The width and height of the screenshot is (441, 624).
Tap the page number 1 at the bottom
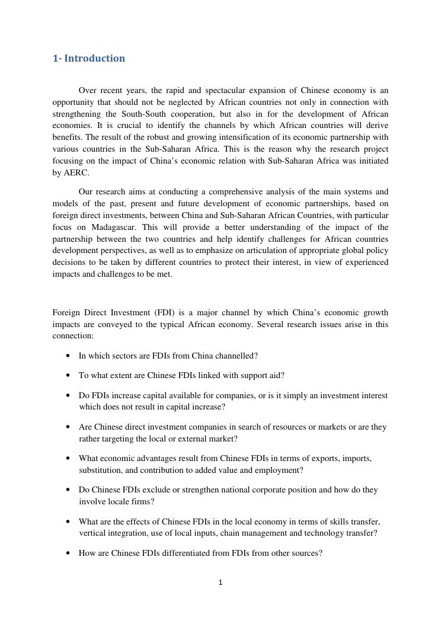coord(220,583)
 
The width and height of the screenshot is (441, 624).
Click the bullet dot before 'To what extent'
coord(69,376)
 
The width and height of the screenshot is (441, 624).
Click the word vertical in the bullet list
coord(92,533)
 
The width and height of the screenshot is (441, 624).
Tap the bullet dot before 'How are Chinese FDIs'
coord(69,553)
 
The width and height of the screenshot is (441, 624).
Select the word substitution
coord(100,471)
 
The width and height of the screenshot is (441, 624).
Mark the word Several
coord(269,324)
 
